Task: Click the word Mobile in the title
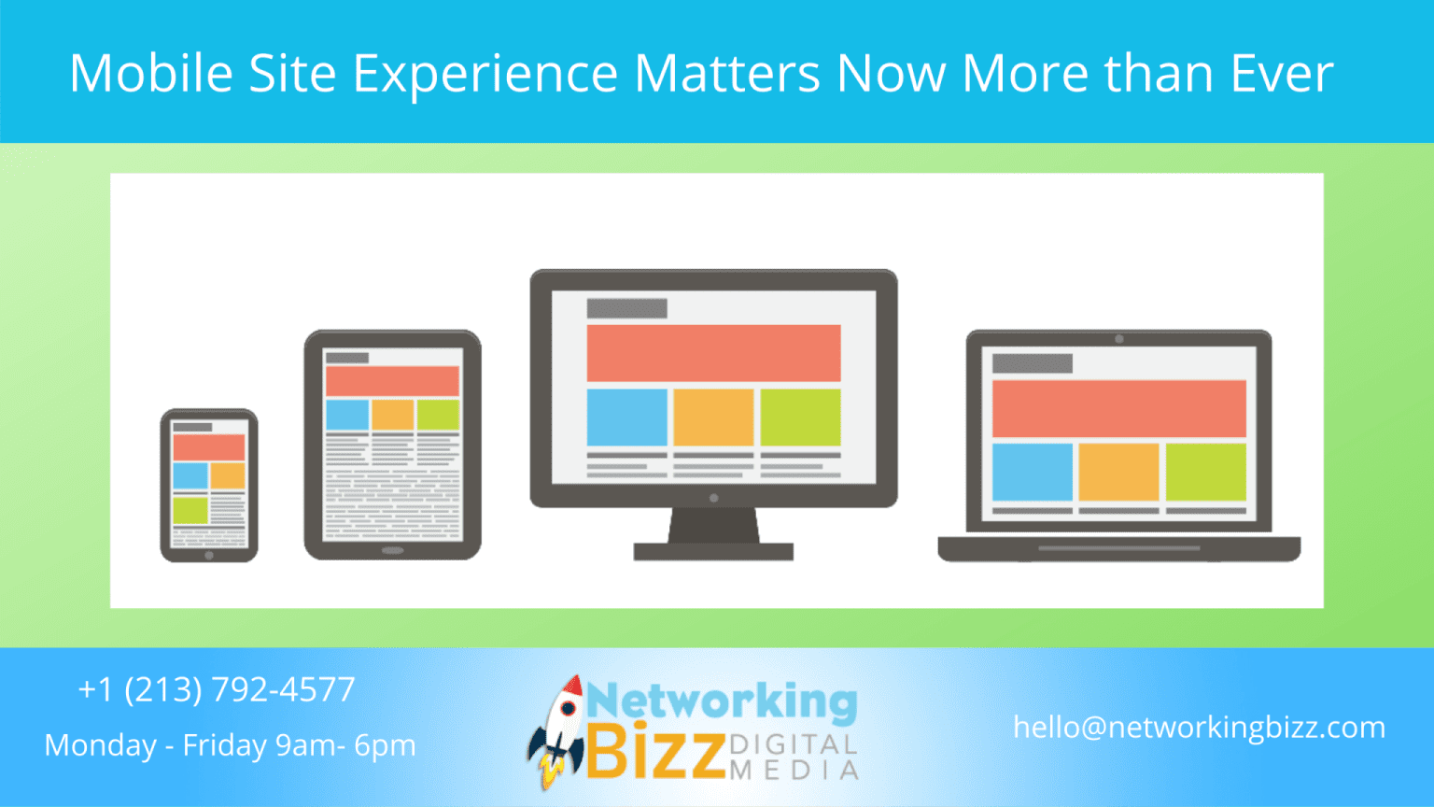coord(150,73)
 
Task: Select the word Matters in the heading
coord(727,73)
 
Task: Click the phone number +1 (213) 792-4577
coord(217,689)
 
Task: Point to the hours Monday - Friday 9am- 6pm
coord(230,745)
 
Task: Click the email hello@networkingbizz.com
coord(1199,727)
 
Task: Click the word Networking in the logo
coord(722,701)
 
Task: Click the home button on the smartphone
coord(209,555)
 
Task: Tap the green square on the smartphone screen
coord(190,510)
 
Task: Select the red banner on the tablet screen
coord(392,381)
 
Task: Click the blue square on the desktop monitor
coord(626,418)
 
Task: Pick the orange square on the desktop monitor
coord(713,418)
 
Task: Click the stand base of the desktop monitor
coord(713,552)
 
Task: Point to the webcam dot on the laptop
coord(1118,339)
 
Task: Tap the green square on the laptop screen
coord(1205,472)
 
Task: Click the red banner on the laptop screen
coord(1118,408)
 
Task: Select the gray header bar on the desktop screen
coord(626,308)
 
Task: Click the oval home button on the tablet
coord(392,550)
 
